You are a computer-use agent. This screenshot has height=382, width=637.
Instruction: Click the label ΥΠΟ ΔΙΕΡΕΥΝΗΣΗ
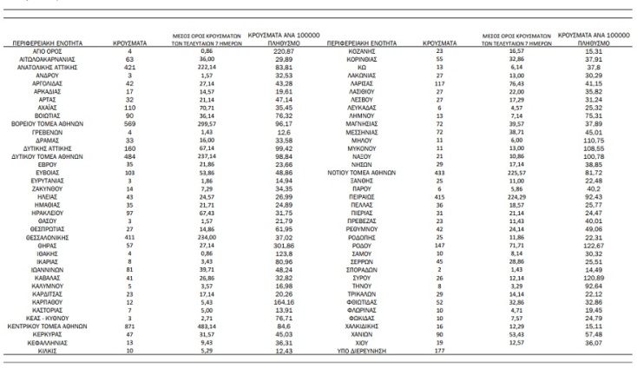coord(353,352)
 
